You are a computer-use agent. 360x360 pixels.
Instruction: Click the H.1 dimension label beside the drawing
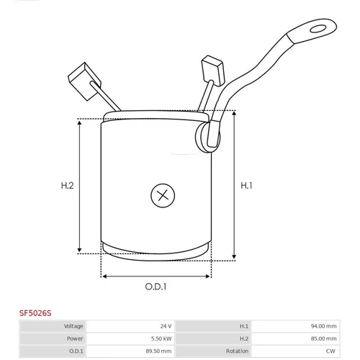coord(246,186)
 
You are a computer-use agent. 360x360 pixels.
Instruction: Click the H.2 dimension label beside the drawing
coord(67,186)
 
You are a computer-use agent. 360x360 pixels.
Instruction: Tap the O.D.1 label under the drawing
coord(156,287)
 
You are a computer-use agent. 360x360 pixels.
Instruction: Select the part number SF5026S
coord(35,313)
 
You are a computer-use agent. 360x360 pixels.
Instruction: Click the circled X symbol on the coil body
coord(163,195)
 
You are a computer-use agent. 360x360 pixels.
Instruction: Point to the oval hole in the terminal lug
coord(318,29)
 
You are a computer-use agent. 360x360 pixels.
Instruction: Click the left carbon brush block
coord(84,81)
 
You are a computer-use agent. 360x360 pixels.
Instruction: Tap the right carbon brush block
coord(213,71)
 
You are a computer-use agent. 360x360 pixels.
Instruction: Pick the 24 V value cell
coord(166,326)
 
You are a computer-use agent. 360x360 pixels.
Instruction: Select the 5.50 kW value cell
coord(161,338)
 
